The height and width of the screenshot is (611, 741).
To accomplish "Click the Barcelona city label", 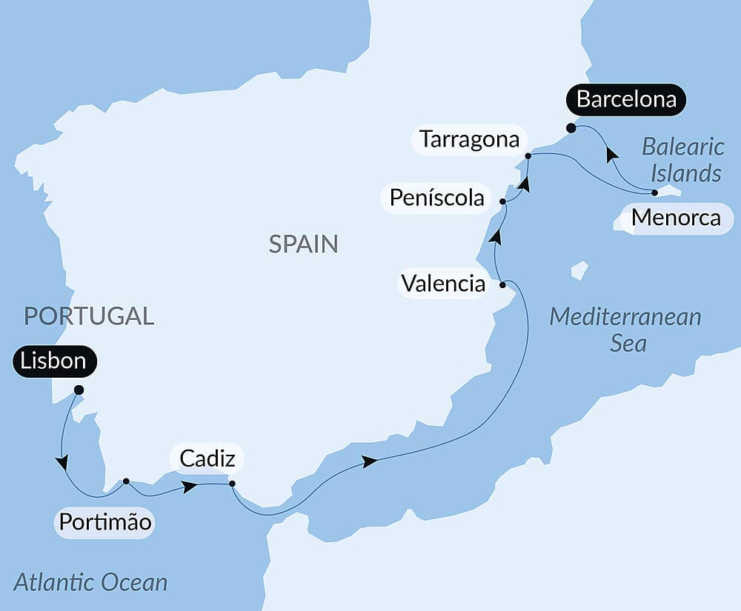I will [626, 99].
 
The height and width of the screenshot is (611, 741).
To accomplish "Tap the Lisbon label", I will [54, 362].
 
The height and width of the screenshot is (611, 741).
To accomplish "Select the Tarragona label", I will [469, 139].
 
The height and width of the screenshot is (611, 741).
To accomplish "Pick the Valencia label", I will [443, 283].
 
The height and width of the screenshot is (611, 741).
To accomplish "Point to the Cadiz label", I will [207, 458].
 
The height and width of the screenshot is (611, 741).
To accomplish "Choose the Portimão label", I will [105, 522].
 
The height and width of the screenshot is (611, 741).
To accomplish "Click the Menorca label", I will [675, 218].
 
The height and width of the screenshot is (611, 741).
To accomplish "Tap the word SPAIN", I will [303, 243].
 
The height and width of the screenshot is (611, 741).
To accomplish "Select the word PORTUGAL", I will [89, 315].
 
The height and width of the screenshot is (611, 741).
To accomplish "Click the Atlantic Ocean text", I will [90, 581].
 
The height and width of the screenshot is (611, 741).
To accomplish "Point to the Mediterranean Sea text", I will [625, 330].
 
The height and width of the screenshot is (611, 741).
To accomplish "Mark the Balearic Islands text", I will [681, 159].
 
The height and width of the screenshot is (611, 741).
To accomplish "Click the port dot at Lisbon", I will [79, 390].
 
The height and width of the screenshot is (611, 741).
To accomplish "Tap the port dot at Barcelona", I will [571, 128].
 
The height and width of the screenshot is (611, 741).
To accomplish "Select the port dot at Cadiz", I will [232, 484].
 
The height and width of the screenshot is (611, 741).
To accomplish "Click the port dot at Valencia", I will [502, 284].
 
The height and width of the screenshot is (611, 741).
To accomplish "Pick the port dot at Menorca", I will [654, 193].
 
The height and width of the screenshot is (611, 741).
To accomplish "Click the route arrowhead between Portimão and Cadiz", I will [190, 487].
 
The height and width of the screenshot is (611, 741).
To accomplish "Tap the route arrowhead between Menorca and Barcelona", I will [612, 154].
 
